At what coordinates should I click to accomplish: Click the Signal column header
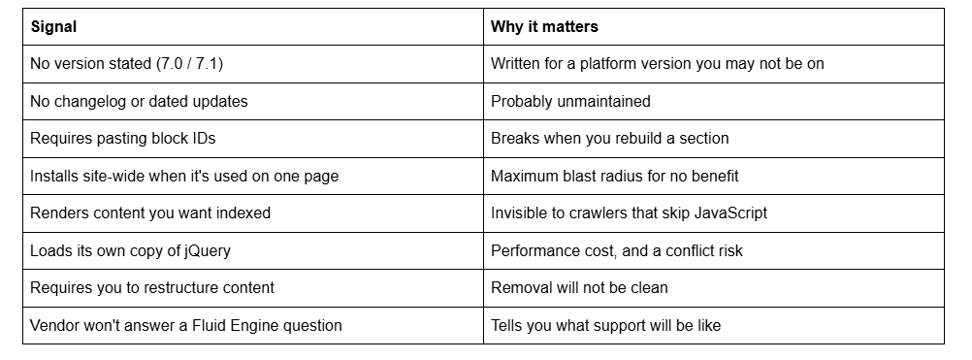coord(54,26)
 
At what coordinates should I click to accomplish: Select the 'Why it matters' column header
coord(544,26)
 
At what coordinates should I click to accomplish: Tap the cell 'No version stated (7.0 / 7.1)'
coord(126,64)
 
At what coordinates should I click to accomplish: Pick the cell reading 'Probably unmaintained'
coord(570,101)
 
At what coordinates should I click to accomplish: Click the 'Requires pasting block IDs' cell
coord(123,138)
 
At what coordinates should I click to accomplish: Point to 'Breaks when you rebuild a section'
coord(609,138)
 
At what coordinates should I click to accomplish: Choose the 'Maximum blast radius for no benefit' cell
coord(614,176)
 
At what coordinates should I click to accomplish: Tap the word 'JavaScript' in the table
coord(730,213)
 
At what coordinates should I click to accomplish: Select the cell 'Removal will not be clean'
coord(579,288)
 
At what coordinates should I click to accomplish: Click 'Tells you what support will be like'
coord(605,325)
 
